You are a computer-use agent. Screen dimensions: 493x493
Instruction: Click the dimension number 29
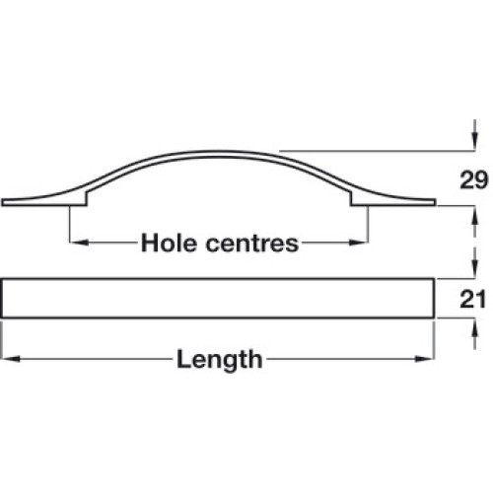coord(473,180)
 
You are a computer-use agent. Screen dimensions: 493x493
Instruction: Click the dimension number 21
coord(472,300)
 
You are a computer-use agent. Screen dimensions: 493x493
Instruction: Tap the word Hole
coord(169,244)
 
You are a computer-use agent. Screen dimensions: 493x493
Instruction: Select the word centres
coord(252,244)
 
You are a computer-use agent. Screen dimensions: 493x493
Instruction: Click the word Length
coord(220,359)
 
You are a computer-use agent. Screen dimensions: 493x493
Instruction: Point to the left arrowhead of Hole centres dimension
coord(80,243)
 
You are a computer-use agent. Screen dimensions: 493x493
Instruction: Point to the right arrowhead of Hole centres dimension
coord(358,243)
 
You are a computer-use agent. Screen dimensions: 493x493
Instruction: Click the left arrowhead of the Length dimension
coord(11,359)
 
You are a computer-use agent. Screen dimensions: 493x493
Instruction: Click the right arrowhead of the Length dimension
coord(425,359)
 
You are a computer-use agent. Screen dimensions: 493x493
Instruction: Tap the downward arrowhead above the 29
coord(474,141)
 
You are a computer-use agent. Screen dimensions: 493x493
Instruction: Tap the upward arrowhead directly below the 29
coord(474,215)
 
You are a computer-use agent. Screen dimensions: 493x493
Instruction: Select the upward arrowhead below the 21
coord(474,327)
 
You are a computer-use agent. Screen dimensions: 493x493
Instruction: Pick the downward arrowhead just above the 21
coord(474,269)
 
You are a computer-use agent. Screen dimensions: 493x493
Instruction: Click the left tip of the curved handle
coord(2,202)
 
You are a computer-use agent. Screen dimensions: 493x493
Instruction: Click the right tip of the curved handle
coord(436,202)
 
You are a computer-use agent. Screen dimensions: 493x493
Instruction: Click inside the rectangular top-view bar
coord(218,298)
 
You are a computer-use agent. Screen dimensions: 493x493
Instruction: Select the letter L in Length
coord(182,359)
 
